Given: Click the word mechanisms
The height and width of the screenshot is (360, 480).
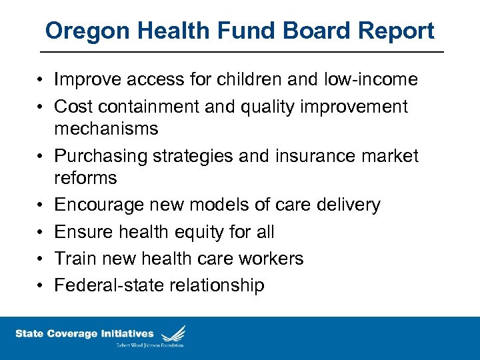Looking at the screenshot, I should tap(106, 128).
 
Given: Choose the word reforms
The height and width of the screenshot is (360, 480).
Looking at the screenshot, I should tap(85, 178).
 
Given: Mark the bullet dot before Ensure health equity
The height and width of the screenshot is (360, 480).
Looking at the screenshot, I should tap(41, 232).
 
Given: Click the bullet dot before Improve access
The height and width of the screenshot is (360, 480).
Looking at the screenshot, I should tap(41, 80).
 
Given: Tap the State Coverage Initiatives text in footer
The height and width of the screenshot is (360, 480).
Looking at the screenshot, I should tap(85, 333).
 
